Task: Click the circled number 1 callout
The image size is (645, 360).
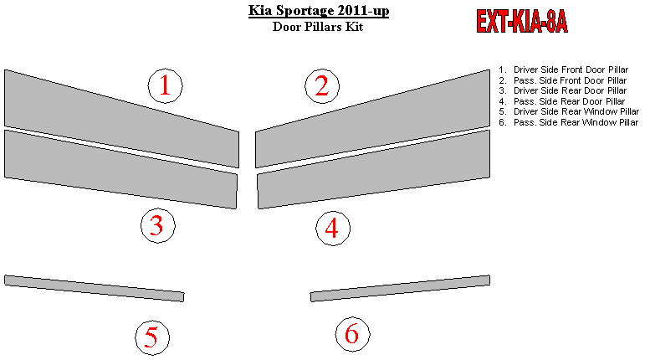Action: (x=165, y=85)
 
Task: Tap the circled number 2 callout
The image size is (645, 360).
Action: (x=322, y=86)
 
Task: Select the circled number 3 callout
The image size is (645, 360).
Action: (x=158, y=225)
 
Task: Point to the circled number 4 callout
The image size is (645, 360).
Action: (x=333, y=229)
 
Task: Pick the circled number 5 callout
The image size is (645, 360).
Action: (x=152, y=337)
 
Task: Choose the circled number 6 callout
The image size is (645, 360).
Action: (x=352, y=334)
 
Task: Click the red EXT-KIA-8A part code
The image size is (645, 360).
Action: (x=522, y=22)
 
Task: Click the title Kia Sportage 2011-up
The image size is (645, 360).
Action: (x=319, y=10)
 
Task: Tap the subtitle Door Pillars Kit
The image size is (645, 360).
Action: (x=318, y=27)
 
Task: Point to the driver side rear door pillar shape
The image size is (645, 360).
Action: (x=121, y=169)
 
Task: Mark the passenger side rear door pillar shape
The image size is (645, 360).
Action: (x=373, y=169)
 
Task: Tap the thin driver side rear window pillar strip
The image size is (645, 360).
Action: (x=95, y=288)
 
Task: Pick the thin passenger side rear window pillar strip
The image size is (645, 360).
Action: (x=400, y=288)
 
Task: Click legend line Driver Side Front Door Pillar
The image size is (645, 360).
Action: (x=564, y=70)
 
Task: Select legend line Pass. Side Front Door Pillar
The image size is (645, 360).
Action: (x=563, y=80)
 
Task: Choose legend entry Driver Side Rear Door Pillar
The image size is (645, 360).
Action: (x=563, y=91)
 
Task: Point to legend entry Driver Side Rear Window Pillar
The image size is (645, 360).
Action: (x=569, y=112)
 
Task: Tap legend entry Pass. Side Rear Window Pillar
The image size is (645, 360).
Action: (x=569, y=122)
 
